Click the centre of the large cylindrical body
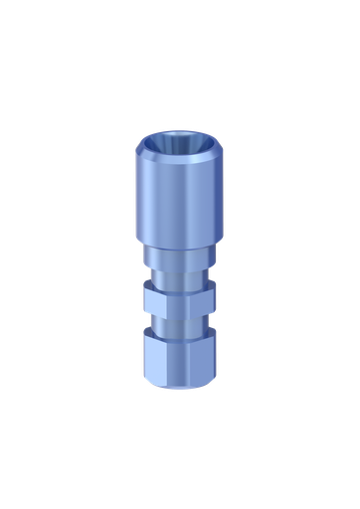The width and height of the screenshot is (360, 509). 179,214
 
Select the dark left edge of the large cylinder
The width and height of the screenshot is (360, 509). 135,214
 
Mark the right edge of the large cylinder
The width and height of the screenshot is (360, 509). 224,214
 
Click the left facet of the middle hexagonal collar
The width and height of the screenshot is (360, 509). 149,298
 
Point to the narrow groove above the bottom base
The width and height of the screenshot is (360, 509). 179,323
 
